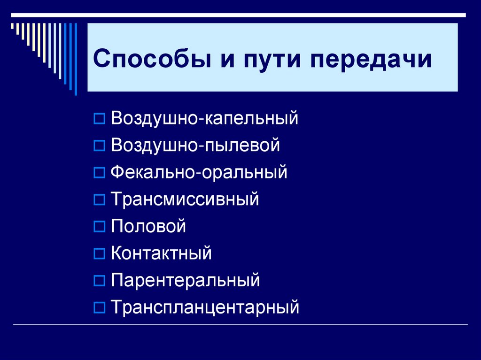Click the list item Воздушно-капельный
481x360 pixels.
(204, 118)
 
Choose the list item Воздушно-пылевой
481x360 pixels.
(195, 145)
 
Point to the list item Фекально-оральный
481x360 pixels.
(199, 172)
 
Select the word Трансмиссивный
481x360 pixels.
(185, 199)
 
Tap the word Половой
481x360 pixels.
(148, 227)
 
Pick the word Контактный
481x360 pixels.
(161, 253)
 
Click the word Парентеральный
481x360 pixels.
(185, 281)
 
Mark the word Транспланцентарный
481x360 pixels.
(205, 308)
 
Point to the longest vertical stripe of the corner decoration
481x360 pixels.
(76, 56)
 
